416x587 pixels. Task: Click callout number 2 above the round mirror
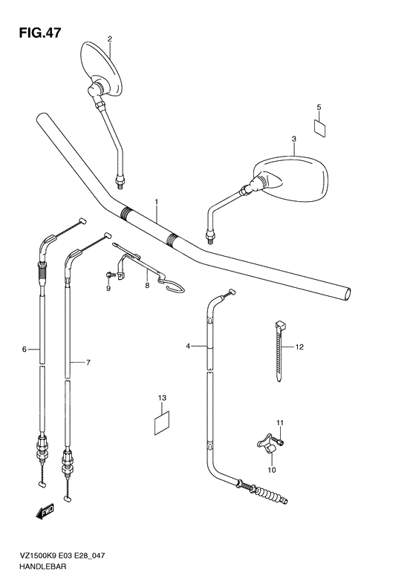(x=109, y=39)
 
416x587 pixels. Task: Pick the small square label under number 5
(x=319, y=126)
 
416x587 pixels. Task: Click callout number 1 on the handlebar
(x=157, y=202)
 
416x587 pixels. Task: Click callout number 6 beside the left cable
(x=25, y=349)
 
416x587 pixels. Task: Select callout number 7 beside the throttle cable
(x=88, y=362)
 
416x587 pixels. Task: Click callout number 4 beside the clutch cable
(x=189, y=346)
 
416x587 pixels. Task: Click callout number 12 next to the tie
(x=300, y=347)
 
